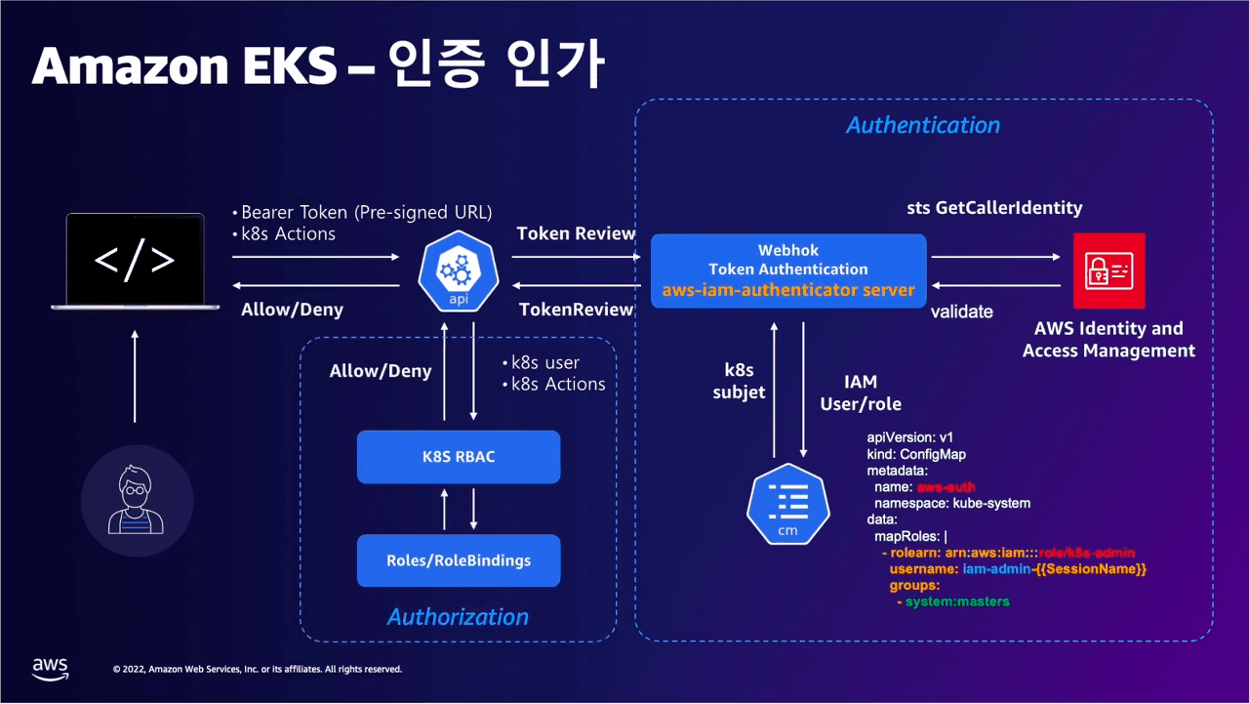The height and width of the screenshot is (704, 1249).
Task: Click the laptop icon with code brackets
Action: [135, 261]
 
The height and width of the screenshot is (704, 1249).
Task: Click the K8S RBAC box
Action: [459, 457]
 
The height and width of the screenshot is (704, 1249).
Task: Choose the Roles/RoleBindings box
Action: [459, 560]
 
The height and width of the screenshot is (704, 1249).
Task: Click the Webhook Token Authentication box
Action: [787, 270]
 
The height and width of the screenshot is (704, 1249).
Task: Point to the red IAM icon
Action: [1108, 270]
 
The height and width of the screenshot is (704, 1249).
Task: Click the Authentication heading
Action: [922, 125]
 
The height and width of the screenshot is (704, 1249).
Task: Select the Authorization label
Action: [458, 617]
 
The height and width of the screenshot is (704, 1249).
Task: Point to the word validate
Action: [961, 312]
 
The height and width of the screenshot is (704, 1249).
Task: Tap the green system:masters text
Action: [956, 601]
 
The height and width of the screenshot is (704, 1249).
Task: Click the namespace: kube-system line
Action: [951, 503]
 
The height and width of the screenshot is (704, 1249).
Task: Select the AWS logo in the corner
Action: [51, 668]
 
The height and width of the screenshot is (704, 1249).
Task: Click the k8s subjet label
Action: [739, 382]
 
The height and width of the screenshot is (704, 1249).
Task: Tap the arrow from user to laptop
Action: [136, 376]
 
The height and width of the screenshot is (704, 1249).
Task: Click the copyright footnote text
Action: [257, 669]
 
